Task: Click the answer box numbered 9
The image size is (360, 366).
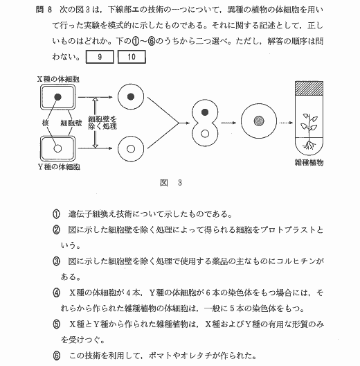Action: click(x=100, y=57)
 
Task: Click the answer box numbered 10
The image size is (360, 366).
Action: click(x=132, y=57)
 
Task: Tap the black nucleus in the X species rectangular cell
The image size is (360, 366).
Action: click(x=57, y=97)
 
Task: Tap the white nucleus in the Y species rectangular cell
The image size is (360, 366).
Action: click(x=57, y=148)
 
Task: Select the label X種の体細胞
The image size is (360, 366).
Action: click(x=58, y=79)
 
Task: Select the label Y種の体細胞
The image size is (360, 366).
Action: click(x=59, y=166)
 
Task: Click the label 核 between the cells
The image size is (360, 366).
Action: click(x=45, y=123)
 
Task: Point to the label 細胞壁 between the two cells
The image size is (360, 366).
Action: click(x=71, y=123)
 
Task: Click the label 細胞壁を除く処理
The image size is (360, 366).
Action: click(x=102, y=123)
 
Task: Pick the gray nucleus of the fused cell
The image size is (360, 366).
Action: click(x=259, y=121)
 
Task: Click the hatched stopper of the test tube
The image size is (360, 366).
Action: click(x=309, y=88)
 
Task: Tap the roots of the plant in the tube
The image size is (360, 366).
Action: click(x=309, y=144)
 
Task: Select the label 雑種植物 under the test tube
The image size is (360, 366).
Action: click(x=309, y=162)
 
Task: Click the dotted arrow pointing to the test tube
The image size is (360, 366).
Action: click(x=286, y=123)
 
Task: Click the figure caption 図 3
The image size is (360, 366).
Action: click(x=171, y=182)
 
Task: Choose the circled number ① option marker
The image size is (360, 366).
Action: click(x=56, y=214)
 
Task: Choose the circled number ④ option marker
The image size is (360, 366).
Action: click(x=56, y=293)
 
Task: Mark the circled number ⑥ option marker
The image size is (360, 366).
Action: click(x=56, y=356)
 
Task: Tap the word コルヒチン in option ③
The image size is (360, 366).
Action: click(x=296, y=261)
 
